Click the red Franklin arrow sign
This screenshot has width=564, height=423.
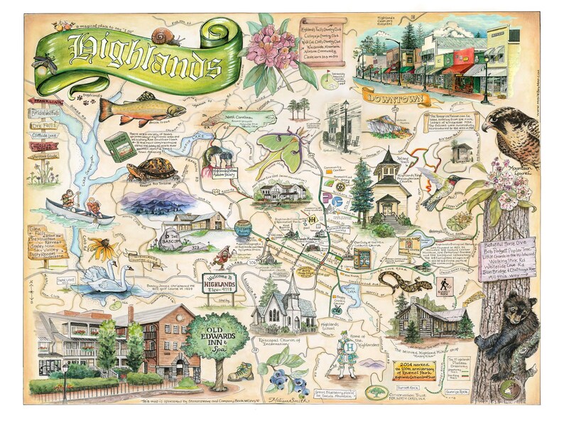click(x=44, y=102)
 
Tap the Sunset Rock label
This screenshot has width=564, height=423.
click(x=416, y=389)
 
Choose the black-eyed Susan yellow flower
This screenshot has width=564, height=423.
click(x=99, y=248)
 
